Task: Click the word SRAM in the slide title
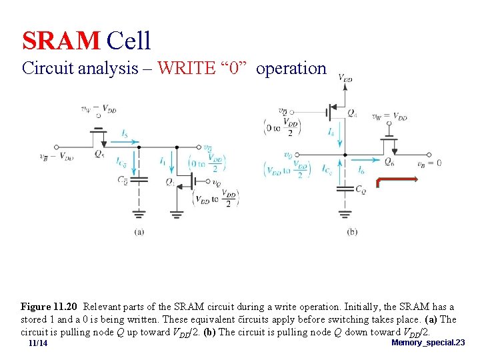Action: pos(61,41)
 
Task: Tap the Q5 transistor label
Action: pos(99,155)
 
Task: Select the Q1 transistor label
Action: pos(171,181)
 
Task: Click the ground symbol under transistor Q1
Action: pos(177,213)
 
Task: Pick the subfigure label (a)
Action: pos(139,231)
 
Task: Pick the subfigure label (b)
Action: pos(352,231)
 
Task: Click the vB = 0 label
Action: pos(429,163)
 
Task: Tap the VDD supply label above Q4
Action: pos(345,78)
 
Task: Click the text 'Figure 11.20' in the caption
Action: pos(49,307)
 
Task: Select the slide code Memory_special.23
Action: pos(428,343)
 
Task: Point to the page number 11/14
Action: pos(38,343)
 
